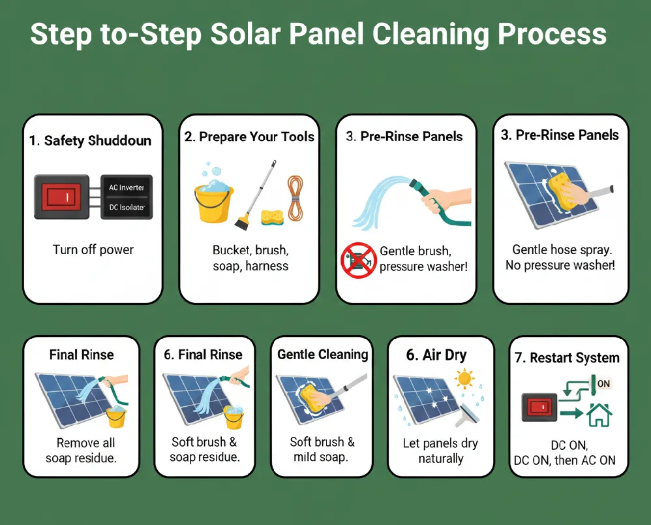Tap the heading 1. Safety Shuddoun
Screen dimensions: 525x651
90,140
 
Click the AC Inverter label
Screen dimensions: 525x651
127,187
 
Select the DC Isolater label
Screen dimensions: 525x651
127,208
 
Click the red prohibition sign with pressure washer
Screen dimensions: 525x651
358,260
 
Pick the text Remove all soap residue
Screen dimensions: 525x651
81,451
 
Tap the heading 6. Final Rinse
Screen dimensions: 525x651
203,355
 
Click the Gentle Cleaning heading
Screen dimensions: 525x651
322,355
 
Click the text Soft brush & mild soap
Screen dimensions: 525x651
322,449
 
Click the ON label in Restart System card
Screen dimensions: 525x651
603,384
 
